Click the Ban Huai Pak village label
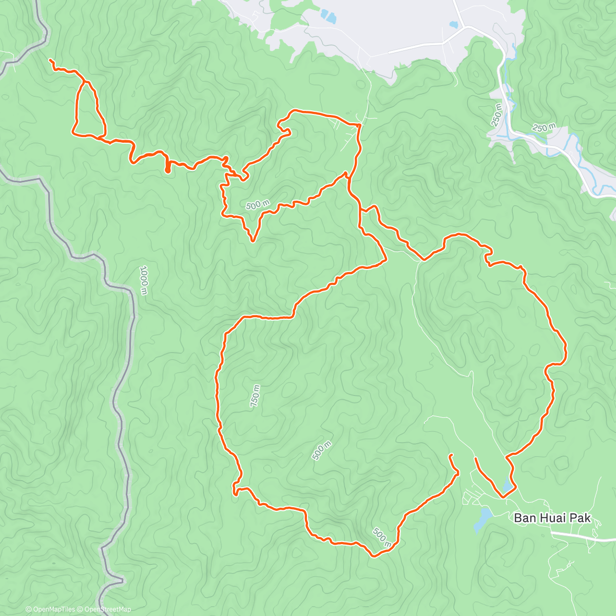tap(552, 518)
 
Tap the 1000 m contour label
tap(144, 281)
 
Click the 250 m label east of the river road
tap(544, 128)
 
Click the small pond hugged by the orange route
tap(508, 485)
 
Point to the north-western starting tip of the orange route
tap(50, 61)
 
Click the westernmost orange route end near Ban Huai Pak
tap(450, 455)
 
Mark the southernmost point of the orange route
tap(374, 555)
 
